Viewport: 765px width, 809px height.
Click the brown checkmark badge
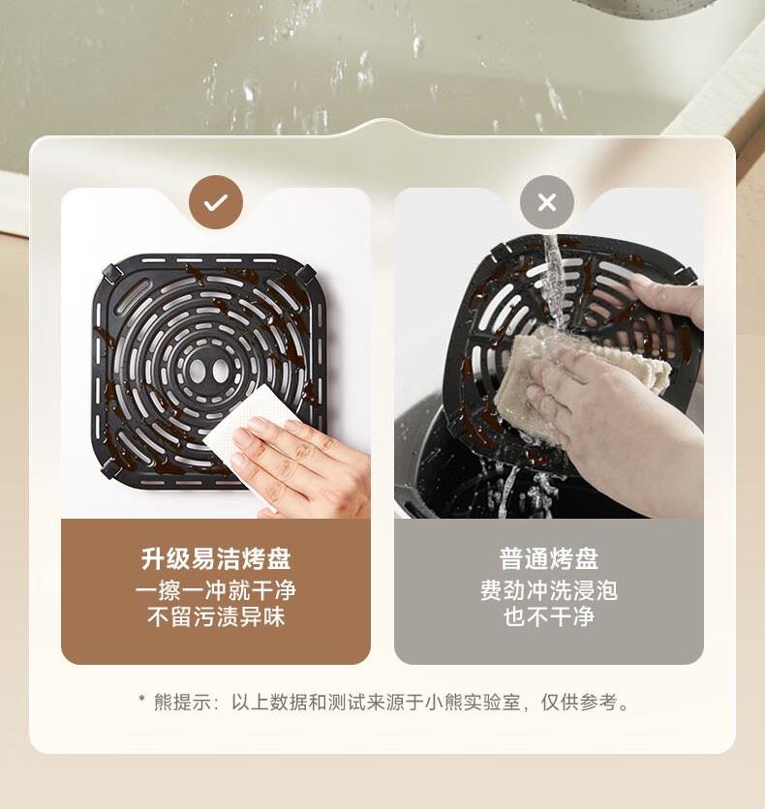click(x=216, y=202)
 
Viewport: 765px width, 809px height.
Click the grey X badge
click(x=547, y=202)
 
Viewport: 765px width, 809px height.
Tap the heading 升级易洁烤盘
click(x=216, y=558)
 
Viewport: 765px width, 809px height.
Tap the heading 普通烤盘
click(x=549, y=558)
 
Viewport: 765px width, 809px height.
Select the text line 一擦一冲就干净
click(x=216, y=590)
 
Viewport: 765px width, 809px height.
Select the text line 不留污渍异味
click(x=216, y=616)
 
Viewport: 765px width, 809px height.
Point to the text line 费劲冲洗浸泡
click(x=549, y=590)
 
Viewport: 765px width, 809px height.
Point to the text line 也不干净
click(x=549, y=616)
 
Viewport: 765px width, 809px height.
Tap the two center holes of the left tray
click(x=208, y=369)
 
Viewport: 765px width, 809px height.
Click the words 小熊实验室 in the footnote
click(x=473, y=703)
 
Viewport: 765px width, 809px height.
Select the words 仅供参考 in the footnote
click(x=579, y=703)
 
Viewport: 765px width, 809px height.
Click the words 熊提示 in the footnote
click(x=183, y=703)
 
